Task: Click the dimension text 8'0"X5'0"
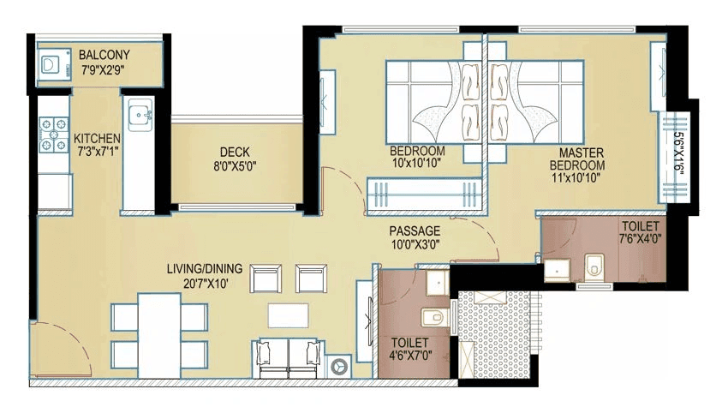235,166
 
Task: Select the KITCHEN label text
96,139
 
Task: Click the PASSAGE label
415,231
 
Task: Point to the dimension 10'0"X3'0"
415,245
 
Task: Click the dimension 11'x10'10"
577,178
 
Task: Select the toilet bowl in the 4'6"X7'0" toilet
438,316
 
